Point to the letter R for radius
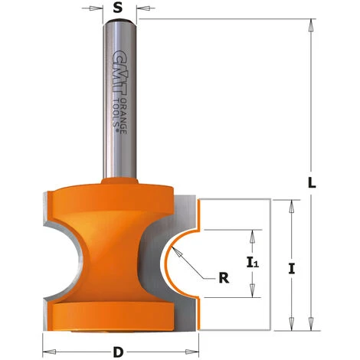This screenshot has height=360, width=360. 224,280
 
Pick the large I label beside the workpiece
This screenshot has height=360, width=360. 291,268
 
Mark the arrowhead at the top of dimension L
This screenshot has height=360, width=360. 310,25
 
